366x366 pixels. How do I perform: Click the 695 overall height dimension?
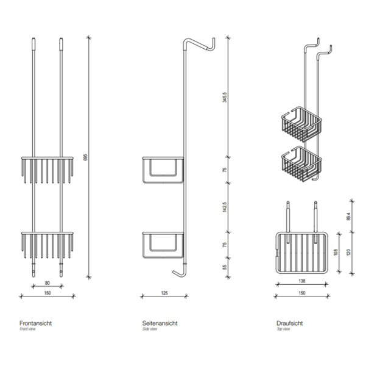(x=85, y=157)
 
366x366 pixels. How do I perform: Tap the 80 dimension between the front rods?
(x=48, y=283)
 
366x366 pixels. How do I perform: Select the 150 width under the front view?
(x=48, y=293)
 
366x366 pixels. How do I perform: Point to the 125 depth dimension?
(x=164, y=293)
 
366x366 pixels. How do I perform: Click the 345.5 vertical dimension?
(x=225, y=97)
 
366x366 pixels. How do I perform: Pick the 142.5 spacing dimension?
(x=225, y=207)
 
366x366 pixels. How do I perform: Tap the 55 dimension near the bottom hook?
(x=225, y=267)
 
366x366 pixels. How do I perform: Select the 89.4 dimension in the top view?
(x=349, y=217)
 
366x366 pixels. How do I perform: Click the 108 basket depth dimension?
(x=336, y=252)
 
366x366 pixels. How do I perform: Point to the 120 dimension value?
(x=349, y=252)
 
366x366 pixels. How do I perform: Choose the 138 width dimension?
(x=302, y=281)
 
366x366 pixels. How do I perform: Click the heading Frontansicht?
(x=35, y=323)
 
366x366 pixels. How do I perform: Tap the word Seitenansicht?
(x=160, y=323)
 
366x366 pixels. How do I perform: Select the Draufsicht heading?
(x=290, y=323)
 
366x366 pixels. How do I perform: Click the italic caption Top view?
(x=283, y=329)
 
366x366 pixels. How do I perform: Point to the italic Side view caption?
(x=150, y=329)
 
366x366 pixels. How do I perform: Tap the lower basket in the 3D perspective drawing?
(x=301, y=164)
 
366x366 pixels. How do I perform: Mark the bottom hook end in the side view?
(x=174, y=271)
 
